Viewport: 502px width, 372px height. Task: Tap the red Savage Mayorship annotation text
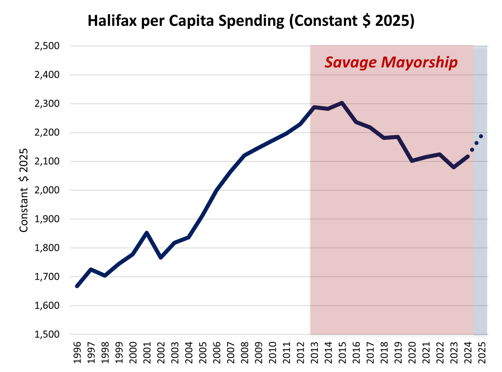[391, 62]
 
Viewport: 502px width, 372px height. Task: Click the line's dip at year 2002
[161, 257]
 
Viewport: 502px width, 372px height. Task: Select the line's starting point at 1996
[77, 286]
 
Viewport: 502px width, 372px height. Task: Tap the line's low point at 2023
[454, 167]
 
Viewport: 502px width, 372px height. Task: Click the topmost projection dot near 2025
[481, 136]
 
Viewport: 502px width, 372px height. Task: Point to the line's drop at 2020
[412, 161]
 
